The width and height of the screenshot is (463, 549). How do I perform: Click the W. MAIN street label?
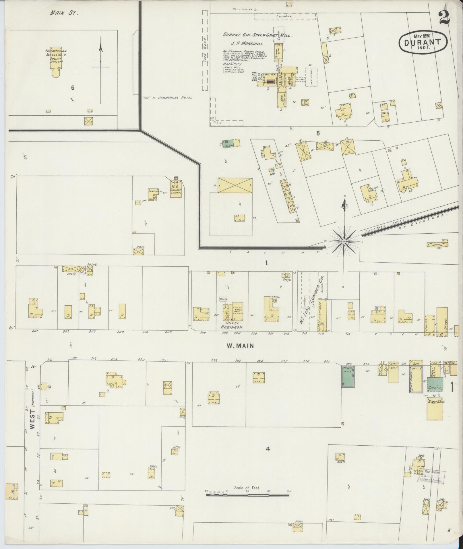pos(240,346)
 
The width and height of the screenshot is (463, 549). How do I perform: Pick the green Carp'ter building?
pos(435,385)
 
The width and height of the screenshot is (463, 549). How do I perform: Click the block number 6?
pos(73,88)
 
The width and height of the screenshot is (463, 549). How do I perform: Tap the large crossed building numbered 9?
pos(235,185)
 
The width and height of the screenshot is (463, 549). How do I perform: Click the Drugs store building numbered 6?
pos(442,322)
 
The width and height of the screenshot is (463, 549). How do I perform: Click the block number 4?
pos(268,449)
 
